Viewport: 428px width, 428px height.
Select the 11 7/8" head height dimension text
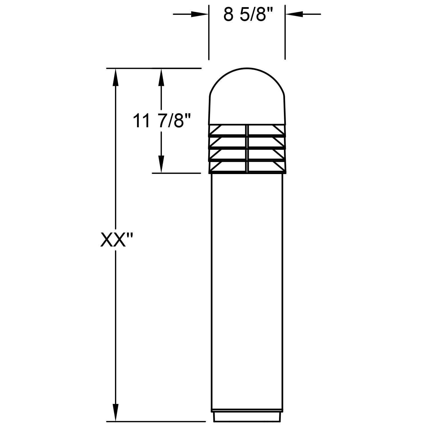[161, 121]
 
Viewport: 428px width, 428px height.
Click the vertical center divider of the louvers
[246, 148]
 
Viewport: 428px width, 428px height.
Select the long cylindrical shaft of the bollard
[247, 285]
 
